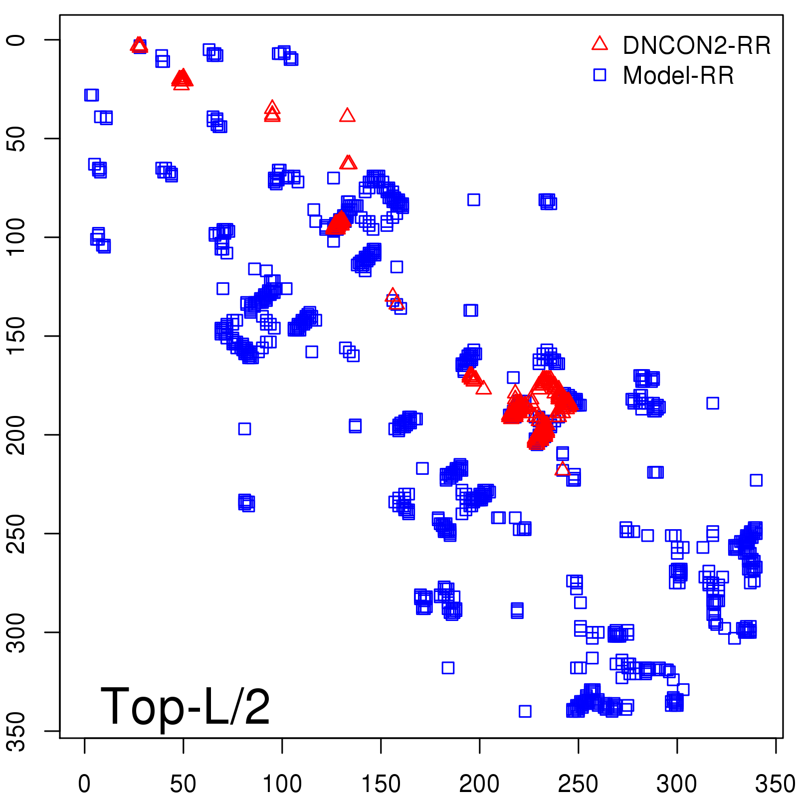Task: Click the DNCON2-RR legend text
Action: (696, 46)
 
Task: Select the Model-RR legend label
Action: (678, 76)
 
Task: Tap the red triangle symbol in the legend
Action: (599, 44)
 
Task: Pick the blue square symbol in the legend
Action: (599, 75)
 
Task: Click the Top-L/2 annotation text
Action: (185, 706)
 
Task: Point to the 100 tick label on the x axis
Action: (282, 784)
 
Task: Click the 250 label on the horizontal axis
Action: (578, 784)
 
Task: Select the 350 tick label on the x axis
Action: (775, 784)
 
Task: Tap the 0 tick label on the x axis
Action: (84, 784)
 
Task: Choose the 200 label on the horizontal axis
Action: (479, 784)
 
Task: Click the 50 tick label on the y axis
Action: (17, 139)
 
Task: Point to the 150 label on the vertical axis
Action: (17, 336)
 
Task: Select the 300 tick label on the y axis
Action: (17, 632)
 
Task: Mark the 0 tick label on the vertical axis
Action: (17, 40)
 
